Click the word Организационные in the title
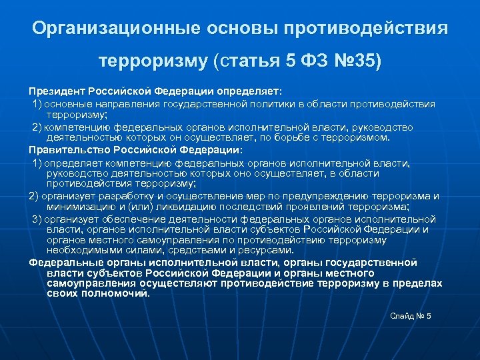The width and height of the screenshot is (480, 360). click(107, 29)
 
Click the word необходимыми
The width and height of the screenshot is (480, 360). click(81, 250)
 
